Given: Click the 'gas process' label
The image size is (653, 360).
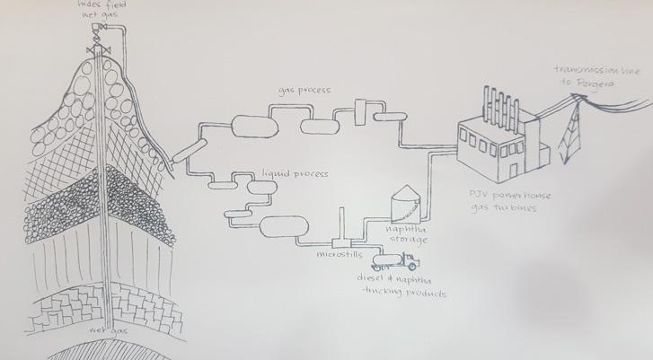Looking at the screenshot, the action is [304, 92].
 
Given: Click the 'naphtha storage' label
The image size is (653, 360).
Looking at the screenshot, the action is [406, 234].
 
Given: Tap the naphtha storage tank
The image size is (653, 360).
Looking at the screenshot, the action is [406, 203].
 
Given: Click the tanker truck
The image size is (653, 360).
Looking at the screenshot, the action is [392, 260].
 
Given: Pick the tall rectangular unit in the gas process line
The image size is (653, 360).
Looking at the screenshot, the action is [363, 110].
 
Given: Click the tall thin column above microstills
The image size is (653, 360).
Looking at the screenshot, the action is [341, 224].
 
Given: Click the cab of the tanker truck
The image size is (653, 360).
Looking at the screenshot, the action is [410, 261].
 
